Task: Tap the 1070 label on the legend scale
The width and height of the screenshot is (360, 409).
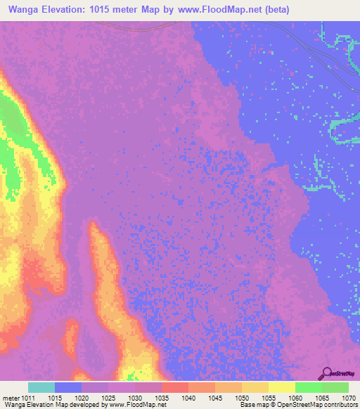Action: (x=349, y=397)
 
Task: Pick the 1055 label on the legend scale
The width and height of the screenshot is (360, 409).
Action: (x=270, y=397)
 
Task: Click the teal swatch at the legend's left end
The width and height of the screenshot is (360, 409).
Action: (x=41, y=387)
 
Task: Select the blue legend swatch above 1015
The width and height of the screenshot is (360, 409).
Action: (x=68, y=387)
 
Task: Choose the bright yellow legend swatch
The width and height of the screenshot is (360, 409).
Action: (x=281, y=387)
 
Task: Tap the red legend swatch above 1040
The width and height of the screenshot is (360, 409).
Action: (x=174, y=387)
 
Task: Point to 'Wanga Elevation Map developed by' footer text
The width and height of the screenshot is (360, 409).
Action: (x=49, y=405)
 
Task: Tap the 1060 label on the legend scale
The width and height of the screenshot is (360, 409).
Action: (x=296, y=397)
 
